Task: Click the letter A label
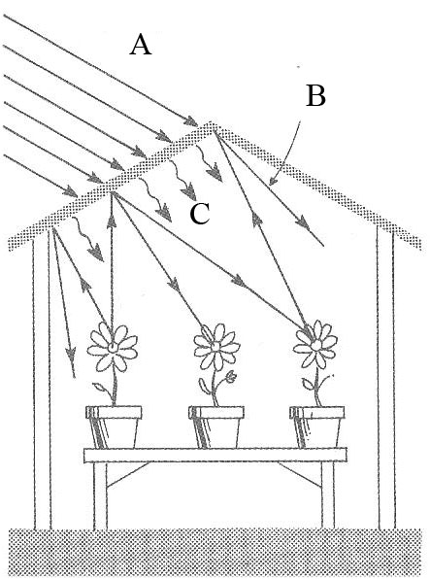[140, 45]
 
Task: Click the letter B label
[316, 95]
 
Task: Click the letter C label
[200, 214]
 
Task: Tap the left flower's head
[113, 347]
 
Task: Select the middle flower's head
[216, 347]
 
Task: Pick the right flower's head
[315, 344]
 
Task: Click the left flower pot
[114, 427]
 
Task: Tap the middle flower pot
[216, 427]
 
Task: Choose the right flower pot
[317, 427]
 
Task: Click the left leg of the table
[100, 495]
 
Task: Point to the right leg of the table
[328, 495]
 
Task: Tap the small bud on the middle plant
[231, 376]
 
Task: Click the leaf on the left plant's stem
[100, 388]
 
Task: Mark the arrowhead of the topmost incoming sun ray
[191, 120]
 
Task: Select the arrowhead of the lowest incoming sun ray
[71, 191]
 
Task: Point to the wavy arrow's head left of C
[164, 214]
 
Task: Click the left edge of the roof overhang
[11, 244]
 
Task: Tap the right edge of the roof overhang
[419, 244]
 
